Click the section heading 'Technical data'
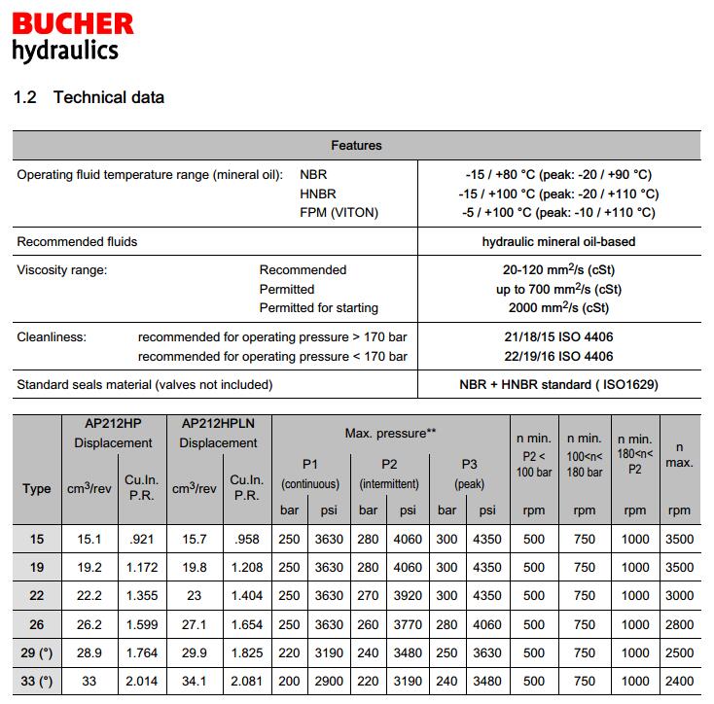109,97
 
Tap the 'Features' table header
356,146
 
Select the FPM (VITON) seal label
339,212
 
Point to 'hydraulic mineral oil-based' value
558,241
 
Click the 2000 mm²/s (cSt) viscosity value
558,307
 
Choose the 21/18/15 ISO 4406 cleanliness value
558,337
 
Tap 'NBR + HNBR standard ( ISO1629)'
558,384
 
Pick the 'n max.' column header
679,454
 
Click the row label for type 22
37,595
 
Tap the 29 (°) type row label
37,652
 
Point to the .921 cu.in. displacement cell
141,539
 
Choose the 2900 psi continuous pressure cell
329,682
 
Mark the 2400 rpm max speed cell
679,682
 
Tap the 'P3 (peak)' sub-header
467,473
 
